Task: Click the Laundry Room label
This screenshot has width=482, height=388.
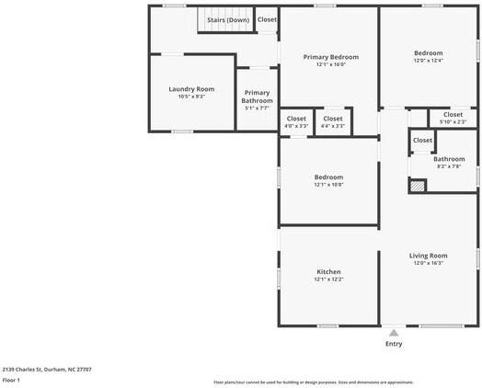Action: pyautogui.click(x=191, y=89)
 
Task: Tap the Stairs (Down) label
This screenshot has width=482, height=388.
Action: pyautogui.click(x=227, y=19)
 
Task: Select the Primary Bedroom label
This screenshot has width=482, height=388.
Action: pyautogui.click(x=331, y=57)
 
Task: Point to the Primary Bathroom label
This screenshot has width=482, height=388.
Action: pyautogui.click(x=258, y=97)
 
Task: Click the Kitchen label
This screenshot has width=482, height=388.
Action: pyautogui.click(x=328, y=272)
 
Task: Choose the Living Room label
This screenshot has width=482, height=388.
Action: pyautogui.click(x=428, y=255)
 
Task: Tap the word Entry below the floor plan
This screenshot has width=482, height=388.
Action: pyautogui.click(x=394, y=344)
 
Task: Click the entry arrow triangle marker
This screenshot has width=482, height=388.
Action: pyautogui.click(x=394, y=333)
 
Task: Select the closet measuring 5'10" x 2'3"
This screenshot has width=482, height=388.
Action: pyautogui.click(x=453, y=118)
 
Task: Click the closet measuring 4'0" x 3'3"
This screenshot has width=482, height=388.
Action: pyautogui.click(x=296, y=121)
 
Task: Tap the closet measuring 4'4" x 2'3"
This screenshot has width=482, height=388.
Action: pyautogui.click(x=333, y=121)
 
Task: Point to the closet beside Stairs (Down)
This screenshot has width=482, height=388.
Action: pyautogui.click(x=267, y=19)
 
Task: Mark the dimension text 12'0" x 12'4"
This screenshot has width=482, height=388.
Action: pyautogui.click(x=428, y=61)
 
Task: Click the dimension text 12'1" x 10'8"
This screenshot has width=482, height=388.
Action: pyautogui.click(x=328, y=185)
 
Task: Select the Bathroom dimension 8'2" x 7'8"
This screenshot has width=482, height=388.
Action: pyautogui.click(x=448, y=166)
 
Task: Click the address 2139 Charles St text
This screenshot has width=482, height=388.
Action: pyautogui.click(x=46, y=369)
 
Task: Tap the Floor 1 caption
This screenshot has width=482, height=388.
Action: pyautogui.click(x=11, y=380)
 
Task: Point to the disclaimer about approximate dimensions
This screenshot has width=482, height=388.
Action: pyautogui.click(x=313, y=382)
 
